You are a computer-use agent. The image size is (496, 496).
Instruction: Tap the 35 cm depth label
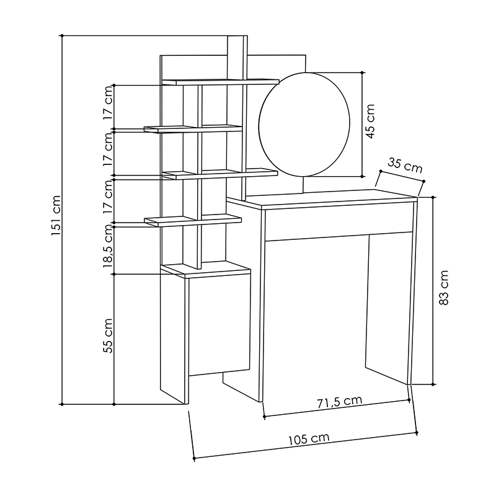coord(405,166)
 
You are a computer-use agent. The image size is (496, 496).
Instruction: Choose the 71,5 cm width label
coord(339,401)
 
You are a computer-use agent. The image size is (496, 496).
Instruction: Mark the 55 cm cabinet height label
coord(108,335)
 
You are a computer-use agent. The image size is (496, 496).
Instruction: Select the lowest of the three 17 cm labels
coord(108,198)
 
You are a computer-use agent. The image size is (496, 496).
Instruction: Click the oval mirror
coord(305,124)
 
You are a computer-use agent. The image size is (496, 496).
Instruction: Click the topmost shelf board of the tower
coord(220,81)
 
